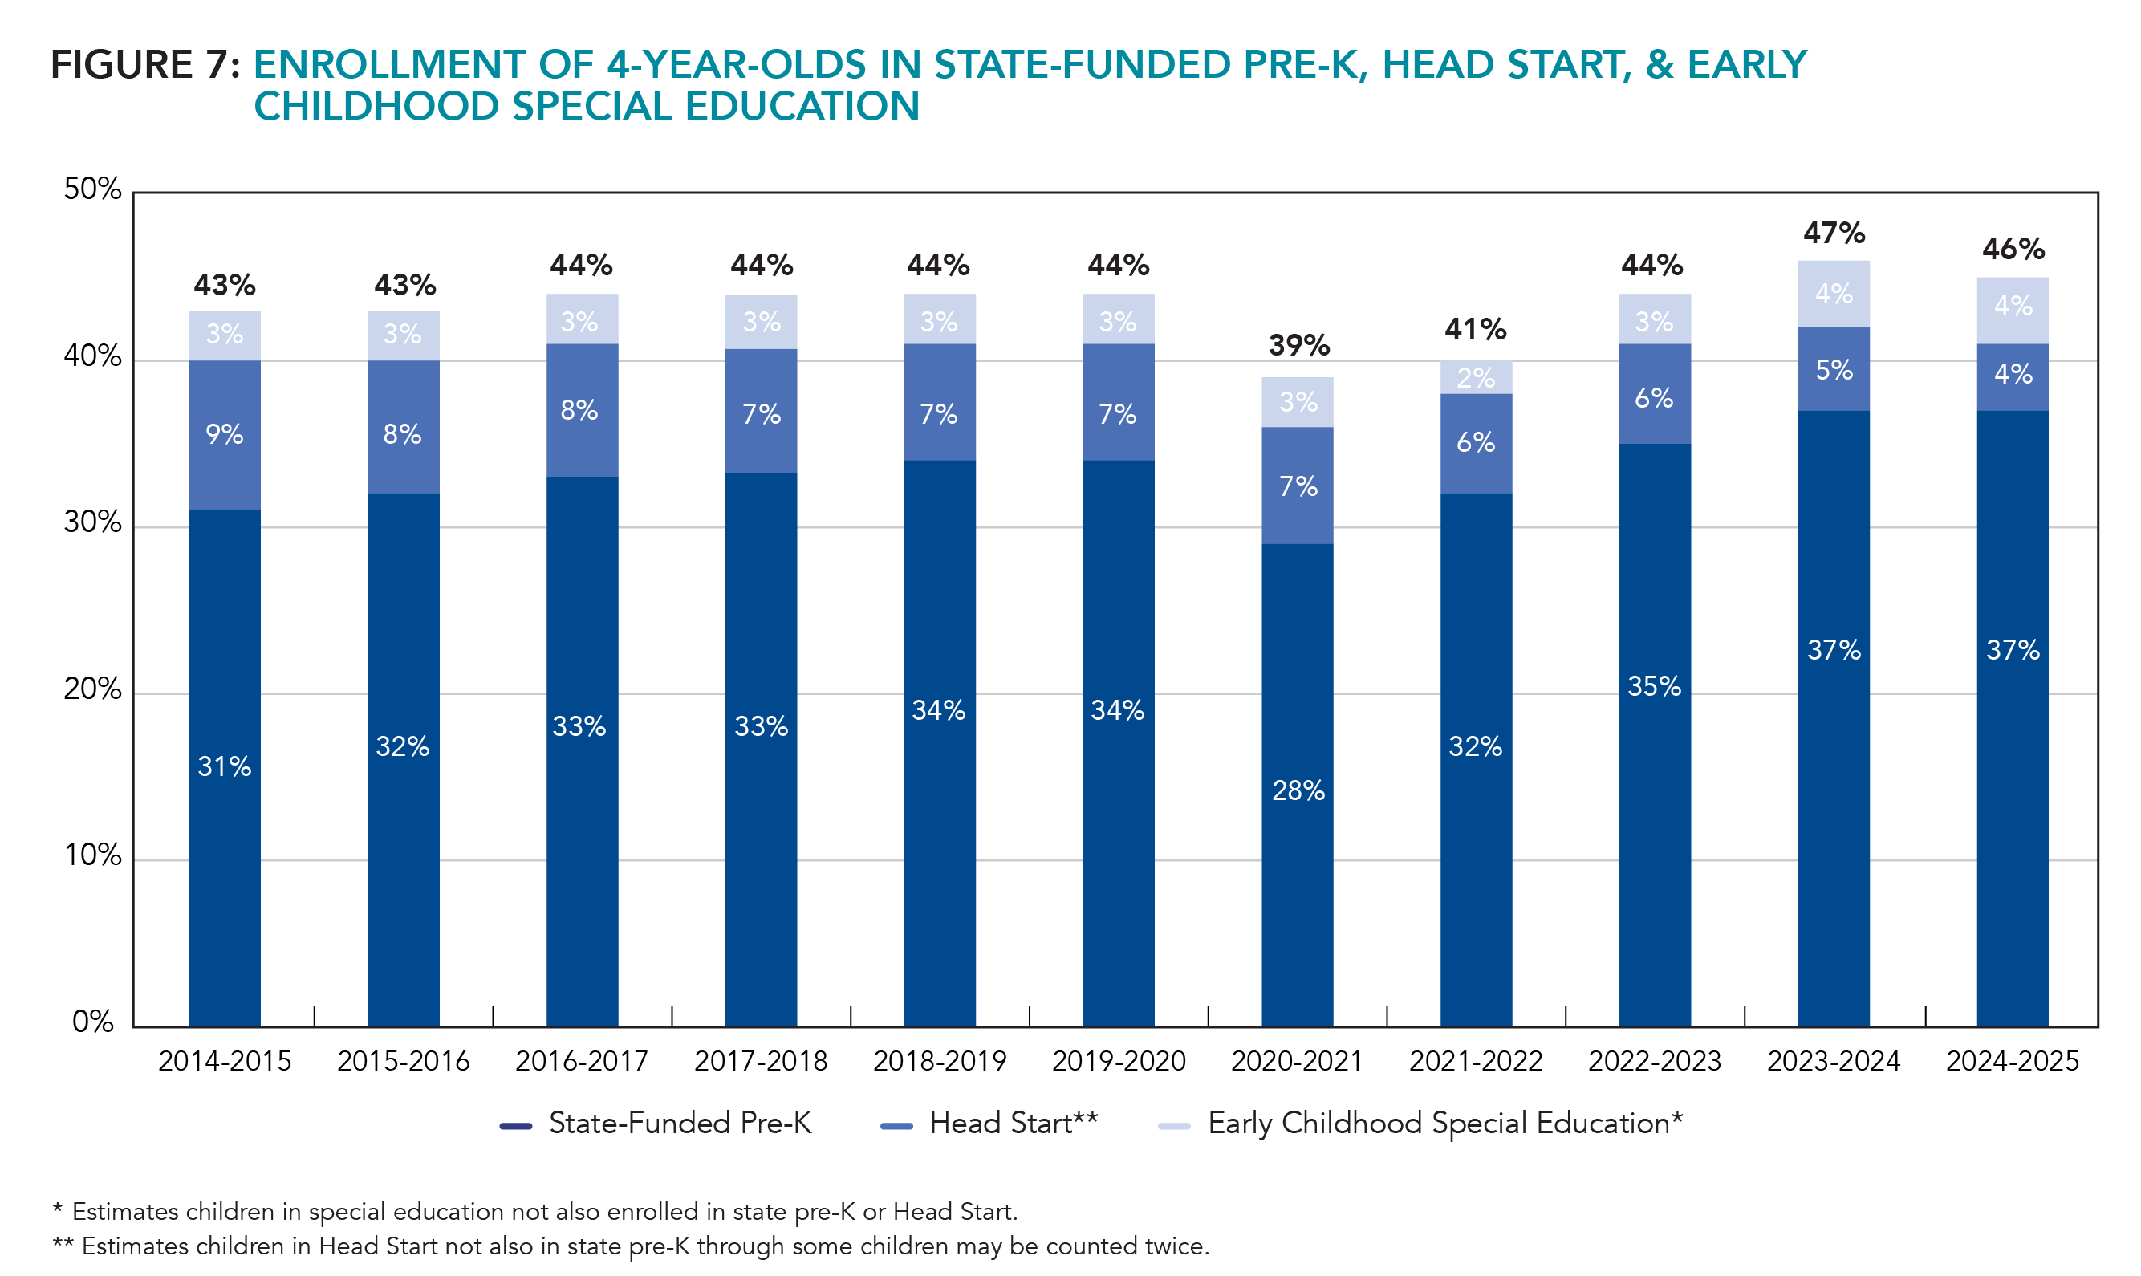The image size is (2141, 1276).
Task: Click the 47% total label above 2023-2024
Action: click(1833, 233)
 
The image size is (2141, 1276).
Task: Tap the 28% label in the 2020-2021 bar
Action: click(1298, 790)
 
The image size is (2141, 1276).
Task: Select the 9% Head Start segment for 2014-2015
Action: click(225, 434)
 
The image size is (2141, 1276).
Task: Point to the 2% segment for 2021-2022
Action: click(1476, 377)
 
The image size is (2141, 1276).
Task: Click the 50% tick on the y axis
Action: click(92, 189)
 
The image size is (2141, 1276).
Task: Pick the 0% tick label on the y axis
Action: click(92, 1022)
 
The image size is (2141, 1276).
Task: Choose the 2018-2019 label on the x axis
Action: click(939, 1061)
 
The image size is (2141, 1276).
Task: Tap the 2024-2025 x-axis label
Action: click(2012, 1061)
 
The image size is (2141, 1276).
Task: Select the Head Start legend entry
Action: click(989, 1123)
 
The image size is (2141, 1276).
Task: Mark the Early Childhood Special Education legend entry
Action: click(1420, 1123)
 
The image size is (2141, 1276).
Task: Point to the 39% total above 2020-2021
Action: click(1298, 346)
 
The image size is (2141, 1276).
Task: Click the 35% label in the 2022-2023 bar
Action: click(1653, 686)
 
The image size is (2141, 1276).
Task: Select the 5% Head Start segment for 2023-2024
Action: click(1833, 370)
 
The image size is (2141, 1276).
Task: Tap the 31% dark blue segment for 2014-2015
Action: click(225, 766)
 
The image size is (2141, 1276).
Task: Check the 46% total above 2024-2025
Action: click(2012, 250)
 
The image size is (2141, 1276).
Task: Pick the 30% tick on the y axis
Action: click(92, 522)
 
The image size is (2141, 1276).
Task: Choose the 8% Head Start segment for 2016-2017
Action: click(579, 410)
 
